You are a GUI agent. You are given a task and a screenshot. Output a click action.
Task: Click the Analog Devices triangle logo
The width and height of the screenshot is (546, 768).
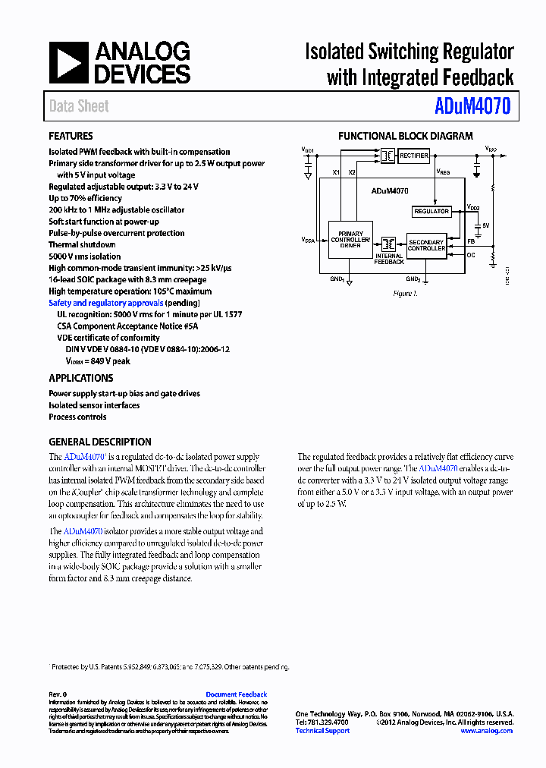click(x=69, y=63)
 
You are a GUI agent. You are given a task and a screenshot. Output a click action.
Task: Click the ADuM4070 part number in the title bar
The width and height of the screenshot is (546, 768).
click(x=472, y=107)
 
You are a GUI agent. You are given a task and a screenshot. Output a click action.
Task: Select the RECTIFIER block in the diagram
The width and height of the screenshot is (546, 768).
click(x=414, y=156)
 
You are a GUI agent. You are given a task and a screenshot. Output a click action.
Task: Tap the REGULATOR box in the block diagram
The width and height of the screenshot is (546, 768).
click(x=431, y=211)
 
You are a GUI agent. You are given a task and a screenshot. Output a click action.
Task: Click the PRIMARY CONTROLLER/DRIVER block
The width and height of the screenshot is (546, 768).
click(x=350, y=240)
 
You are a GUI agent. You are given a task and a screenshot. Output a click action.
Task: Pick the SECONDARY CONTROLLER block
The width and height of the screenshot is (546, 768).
click(x=427, y=245)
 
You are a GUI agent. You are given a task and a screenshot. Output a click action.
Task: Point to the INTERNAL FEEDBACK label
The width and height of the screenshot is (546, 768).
click(x=389, y=259)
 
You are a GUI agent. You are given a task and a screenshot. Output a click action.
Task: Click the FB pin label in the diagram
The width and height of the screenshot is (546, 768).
click(x=471, y=241)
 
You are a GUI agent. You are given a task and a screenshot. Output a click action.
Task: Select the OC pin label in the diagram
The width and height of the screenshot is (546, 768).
click(x=471, y=256)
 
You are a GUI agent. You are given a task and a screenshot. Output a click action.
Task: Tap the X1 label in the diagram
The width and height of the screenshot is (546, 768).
click(x=336, y=173)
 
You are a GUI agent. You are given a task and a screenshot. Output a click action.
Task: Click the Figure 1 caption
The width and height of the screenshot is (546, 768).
click(x=406, y=293)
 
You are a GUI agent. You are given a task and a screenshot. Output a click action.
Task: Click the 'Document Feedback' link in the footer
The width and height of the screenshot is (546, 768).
click(x=237, y=694)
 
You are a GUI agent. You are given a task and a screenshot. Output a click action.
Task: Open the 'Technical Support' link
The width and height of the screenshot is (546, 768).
click(x=322, y=731)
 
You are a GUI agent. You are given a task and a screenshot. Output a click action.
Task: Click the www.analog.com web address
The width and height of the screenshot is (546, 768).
click(x=486, y=731)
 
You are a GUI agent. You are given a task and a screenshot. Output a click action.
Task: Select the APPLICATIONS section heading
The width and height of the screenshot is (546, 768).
click(x=81, y=378)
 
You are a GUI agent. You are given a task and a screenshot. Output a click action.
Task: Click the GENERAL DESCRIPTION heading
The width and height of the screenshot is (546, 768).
click(x=100, y=442)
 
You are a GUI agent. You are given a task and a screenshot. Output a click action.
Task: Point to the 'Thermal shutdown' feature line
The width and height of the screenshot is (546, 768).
click(x=82, y=245)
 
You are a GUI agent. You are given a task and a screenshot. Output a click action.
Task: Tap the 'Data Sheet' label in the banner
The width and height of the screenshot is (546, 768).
click(x=79, y=107)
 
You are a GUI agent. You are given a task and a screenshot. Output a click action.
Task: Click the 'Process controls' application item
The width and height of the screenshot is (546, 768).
click(x=77, y=417)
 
